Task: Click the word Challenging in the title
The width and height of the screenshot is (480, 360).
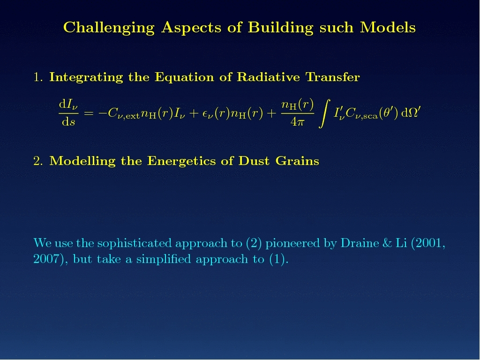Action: [x=109, y=28]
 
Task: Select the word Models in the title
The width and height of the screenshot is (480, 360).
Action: [x=388, y=27]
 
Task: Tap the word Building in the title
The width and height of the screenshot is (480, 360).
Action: [x=281, y=28]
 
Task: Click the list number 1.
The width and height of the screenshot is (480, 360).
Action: [x=37, y=77]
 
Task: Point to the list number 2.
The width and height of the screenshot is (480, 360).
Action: [x=38, y=161]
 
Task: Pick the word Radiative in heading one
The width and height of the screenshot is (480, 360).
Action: [x=268, y=77]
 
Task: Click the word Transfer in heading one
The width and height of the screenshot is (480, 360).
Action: [x=333, y=77]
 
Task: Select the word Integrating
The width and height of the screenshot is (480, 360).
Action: [x=86, y=77]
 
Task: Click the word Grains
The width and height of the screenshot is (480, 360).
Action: [x=297, y=161]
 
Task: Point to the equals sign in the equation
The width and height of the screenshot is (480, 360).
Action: [x=89, y=113]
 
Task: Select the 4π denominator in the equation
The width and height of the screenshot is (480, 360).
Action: [x=297, y=122]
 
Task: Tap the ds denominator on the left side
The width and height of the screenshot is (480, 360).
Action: [x=68, y=122]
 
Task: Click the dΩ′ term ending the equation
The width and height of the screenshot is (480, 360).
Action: [x=411, y=112]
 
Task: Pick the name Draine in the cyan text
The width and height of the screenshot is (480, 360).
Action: [x=360, y=243]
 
